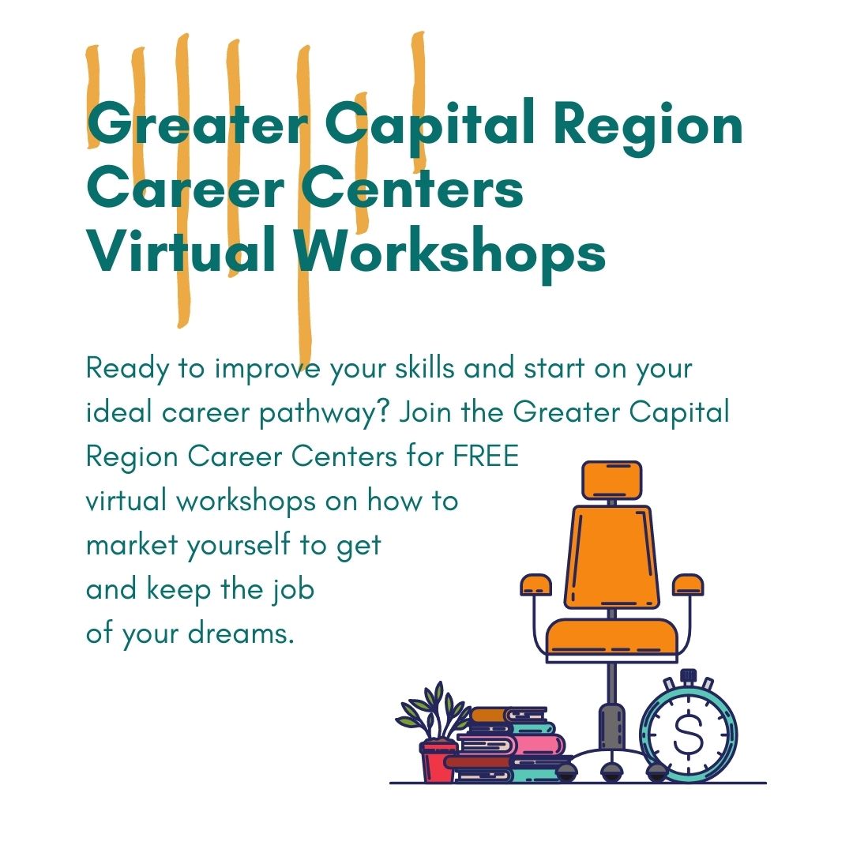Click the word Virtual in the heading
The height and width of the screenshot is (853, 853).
coord(181,250)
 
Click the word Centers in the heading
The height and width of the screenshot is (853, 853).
coord(411,188)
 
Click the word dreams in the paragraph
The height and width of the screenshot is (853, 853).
coord(241,633)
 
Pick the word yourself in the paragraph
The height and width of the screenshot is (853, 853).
coord(239,546)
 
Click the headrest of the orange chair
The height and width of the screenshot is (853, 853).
coord(612,480)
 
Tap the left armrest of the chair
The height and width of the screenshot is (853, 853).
coord(535,584)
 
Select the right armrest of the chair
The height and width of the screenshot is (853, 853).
coord(688,584)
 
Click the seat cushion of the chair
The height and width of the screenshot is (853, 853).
coord(612,637)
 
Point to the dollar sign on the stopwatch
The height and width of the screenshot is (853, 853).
coord(688,735)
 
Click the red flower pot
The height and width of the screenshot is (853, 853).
coord(438,761)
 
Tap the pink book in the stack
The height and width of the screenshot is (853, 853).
coord(511,744)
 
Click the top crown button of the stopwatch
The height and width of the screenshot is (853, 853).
coord(688,676)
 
